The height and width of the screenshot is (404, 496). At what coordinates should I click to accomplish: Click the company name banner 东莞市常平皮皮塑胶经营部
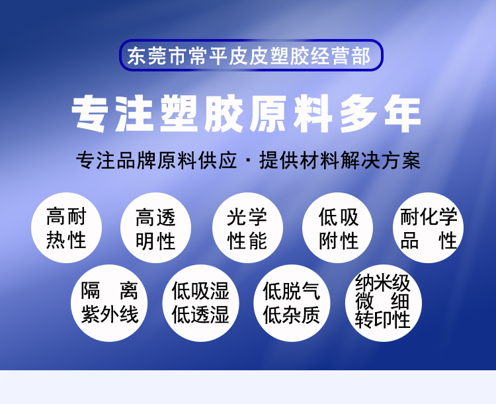[x=251, y=55]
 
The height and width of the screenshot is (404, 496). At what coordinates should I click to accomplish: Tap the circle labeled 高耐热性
[x=66, y=227]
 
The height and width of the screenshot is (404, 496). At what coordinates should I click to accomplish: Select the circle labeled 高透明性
[x=155, y=227]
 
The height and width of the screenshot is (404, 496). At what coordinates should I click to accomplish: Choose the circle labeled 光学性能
[x=247, y=227]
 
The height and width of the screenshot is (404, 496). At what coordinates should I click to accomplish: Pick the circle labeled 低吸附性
[x=337, y=227]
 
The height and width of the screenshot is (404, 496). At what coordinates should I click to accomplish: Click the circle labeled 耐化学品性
[x=429, y=227]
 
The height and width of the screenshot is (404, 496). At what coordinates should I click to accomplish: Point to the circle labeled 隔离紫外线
[x=109, y=303]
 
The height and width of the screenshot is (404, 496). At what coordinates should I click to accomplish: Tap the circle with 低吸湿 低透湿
[x=201, y=303]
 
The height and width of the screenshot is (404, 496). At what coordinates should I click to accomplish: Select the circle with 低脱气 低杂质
[x=292, y=303]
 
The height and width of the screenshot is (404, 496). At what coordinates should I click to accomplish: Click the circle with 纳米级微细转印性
[x=384, y=303]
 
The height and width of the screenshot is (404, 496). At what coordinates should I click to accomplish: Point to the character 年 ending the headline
[x=403, y=114]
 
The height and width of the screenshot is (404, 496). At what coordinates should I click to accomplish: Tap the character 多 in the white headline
[x=358, y=114]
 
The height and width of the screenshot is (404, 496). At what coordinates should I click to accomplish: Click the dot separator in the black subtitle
[x=248, y=161]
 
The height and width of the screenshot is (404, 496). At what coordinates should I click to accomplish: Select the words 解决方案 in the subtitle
[x=380, y=161]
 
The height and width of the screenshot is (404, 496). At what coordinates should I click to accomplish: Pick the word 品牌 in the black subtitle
[x=137, y=161]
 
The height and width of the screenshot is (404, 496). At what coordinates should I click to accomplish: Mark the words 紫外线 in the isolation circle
[x=110, y=315]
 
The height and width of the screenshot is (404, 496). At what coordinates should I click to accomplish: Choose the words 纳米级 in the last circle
[x=383, y=282]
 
